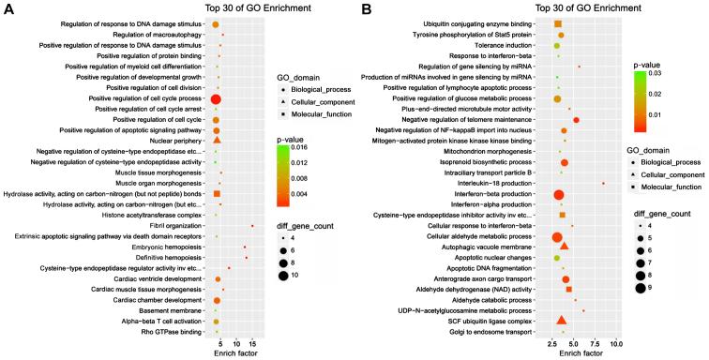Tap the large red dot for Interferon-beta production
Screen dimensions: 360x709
tap(559, 194)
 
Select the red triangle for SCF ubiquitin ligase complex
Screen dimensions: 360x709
tap(561, 321)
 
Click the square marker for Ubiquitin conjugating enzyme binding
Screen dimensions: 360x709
tap(558, 23)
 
